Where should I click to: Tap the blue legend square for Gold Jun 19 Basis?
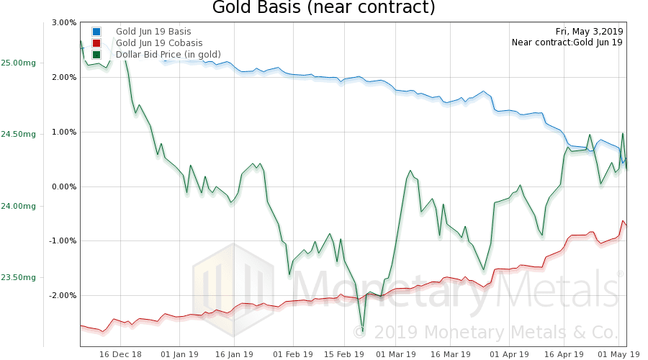(96, 32)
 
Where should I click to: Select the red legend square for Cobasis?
(96, 43)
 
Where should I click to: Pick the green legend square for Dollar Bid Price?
(96, 55)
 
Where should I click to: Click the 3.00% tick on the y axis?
(64, 23)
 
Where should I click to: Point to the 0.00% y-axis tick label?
(64, 186)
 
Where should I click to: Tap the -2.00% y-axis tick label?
(63, 295)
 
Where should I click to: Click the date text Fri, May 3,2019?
(589, 31)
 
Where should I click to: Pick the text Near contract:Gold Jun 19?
(567, 42)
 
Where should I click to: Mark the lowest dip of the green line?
(363, 330)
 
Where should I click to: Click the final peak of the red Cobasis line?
(623, 221)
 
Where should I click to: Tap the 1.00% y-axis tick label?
(64, 132)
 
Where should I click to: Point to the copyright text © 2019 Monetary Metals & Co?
(486, 333)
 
